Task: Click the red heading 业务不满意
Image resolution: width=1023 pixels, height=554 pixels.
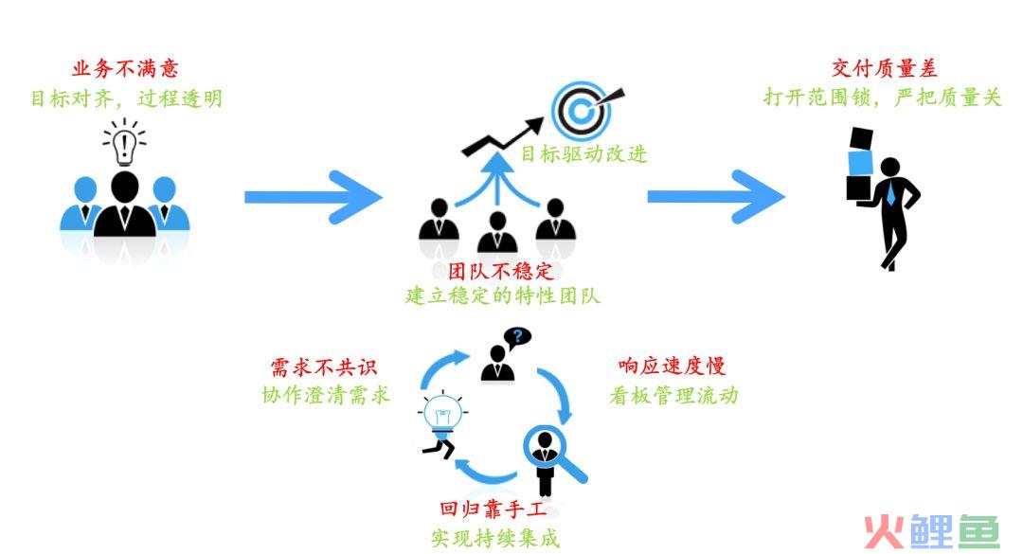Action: [x=125, y=68]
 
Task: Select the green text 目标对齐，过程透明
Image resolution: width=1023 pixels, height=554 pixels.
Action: [x=127, y=98]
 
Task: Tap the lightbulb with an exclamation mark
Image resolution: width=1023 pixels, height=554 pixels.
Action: [x=124, y=142]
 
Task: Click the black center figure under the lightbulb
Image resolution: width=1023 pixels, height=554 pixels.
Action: [x=125, y=205]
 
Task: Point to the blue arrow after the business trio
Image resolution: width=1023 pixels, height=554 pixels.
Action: [x=313, y=197]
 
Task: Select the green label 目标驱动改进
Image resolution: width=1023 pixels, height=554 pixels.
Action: [x=583, y=154]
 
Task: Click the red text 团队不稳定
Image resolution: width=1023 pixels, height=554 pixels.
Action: [x=501, y=271]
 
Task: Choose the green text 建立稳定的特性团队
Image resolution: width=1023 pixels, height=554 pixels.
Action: [x=502, y=295]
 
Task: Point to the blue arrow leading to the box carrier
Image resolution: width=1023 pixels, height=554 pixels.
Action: [x=716, y=197]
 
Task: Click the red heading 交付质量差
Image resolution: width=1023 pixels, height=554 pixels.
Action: [x=884, y=68]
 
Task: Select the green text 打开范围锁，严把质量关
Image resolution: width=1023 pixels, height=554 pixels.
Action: [x=882, y=98]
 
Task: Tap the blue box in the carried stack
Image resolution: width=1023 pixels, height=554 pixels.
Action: [x=860, y=163]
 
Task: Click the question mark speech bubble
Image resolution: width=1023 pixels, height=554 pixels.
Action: [x=518, y=338]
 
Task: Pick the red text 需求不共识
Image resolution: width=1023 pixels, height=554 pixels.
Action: [x=324, y=367]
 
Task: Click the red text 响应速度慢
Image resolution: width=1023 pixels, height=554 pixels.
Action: [x=672, y=366]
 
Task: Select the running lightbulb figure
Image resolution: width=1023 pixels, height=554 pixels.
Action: [x=441, y=424]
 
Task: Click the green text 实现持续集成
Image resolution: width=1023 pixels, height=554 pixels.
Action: [x=495, y=538]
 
